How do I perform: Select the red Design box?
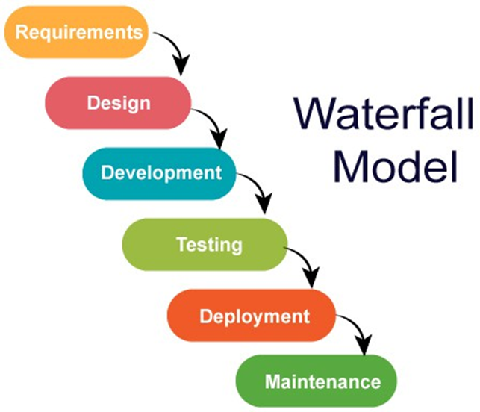pyautogui.click(x=119, y=102)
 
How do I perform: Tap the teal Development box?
pyautogui.click(x=160, y=172)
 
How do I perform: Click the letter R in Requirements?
pyautogui.click(x=20, y=32)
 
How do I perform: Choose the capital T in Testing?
pyautogui.click(x=181, y=243)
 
